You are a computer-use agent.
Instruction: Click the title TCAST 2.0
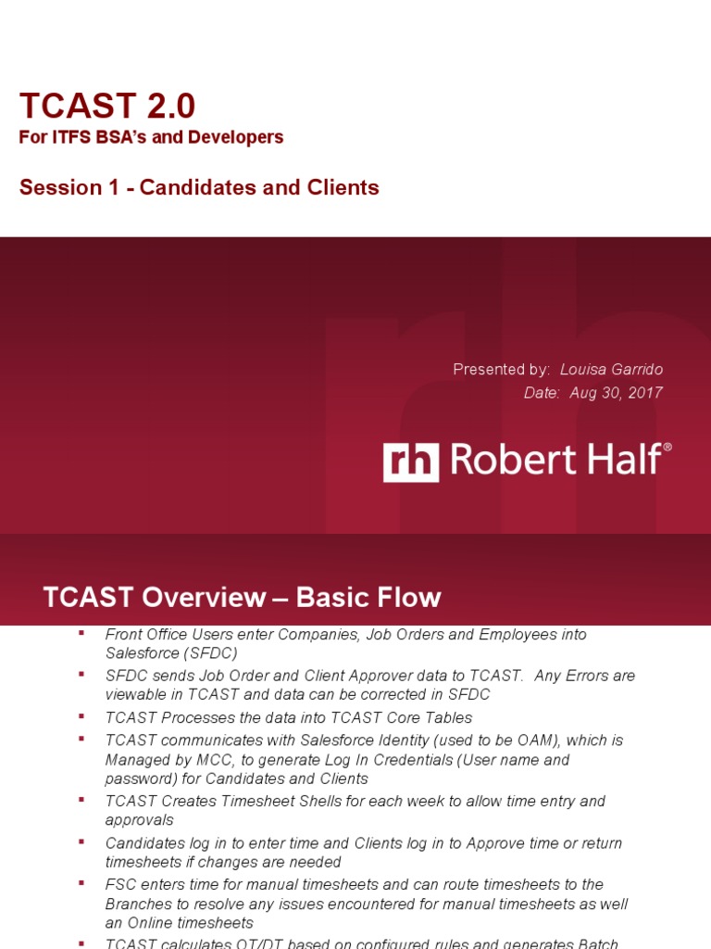(x=107, y=107)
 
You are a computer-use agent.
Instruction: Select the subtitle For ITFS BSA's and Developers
(x=151, y=137)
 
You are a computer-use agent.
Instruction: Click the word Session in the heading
(x=60, y=187)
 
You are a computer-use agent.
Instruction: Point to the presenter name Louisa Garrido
(x=611, y=369)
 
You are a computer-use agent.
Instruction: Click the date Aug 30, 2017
(x=617, y=392)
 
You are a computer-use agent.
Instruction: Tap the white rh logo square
(x=411, y=461)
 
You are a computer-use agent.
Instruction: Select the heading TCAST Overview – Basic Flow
(x=242, y=598)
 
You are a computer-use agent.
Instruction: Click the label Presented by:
(x=501, y=369)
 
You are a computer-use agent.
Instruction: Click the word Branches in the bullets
(x=136, y=904)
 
